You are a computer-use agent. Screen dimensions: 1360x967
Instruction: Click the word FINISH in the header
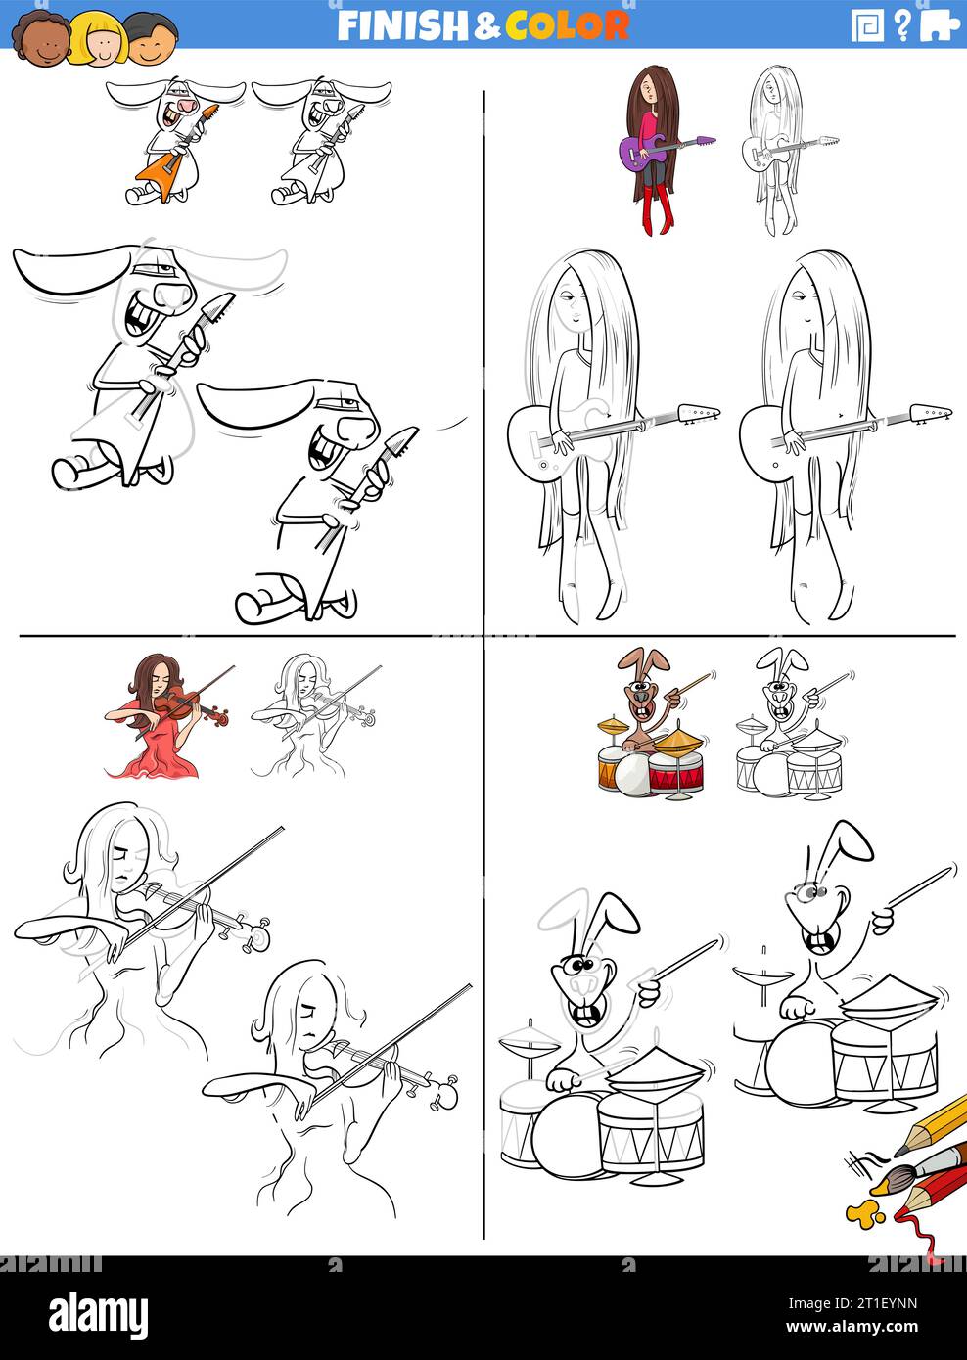click(x=403, y=25)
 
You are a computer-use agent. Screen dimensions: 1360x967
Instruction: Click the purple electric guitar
click(x=646, y=150)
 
